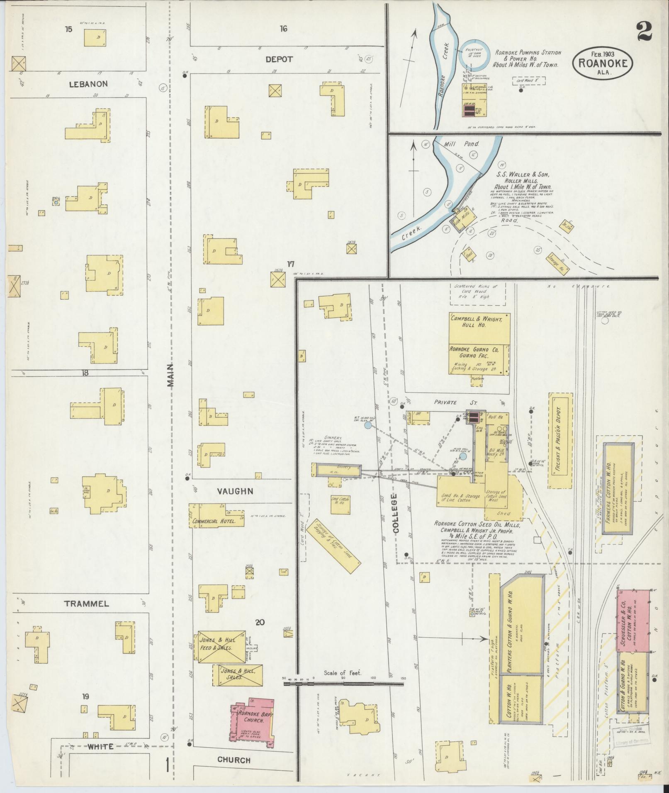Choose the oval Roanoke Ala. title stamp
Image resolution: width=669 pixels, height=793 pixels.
point(602,63)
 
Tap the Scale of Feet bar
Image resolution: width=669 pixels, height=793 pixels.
point(343,680)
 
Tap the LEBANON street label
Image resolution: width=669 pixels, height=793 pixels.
point(88,84)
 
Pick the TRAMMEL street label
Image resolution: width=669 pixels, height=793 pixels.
point(87,604)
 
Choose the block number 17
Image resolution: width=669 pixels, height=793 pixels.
point(291,264)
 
